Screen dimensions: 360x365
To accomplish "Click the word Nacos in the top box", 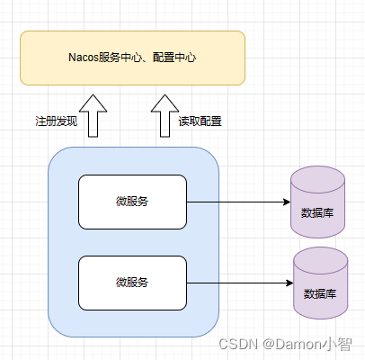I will coord(85,58).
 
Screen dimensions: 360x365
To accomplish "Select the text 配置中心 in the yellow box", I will coord(175,58).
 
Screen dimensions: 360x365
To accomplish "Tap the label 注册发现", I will coord(57,121).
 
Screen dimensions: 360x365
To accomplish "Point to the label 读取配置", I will coord(200,121).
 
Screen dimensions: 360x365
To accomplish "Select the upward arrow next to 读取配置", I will coord(164,115).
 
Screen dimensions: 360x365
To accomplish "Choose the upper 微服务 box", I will coord(132,202).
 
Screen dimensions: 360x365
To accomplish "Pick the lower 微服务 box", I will coord(132,283).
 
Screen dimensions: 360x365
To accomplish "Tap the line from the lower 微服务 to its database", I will coord(238,283).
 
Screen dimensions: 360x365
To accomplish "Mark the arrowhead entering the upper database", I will coord(285,202).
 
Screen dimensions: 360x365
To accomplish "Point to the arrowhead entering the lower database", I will coord(289,283).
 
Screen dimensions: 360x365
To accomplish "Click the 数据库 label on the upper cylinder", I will coord(317,212).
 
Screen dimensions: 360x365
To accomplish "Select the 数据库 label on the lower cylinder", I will coord(321,292).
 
